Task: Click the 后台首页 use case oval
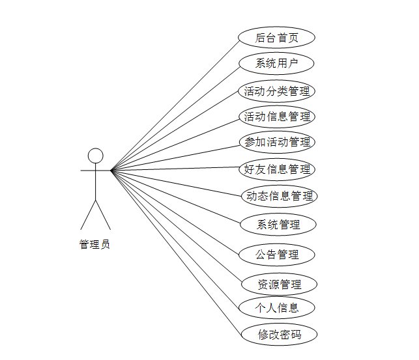(x=276, y=38)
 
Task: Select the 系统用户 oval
(x=276, y=64)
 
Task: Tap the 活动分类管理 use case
(x=276, y=91)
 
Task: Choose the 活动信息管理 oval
(x=276, y=117)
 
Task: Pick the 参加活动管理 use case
(x=276, y=142)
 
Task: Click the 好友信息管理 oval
(x=277, y=169)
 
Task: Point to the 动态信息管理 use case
(x=279, y=196)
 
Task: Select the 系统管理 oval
(x=278, y=225)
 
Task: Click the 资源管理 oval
(x=279, y=284)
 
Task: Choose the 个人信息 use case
(x=278, y=308)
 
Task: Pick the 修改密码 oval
(x=279, y=335)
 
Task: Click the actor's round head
(x=96, y=156)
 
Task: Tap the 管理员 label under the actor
(x=94, y=245)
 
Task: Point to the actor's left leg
(x=88, y=215)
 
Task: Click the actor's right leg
(x=104, y=215)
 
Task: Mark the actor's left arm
(x=87, y=171)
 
